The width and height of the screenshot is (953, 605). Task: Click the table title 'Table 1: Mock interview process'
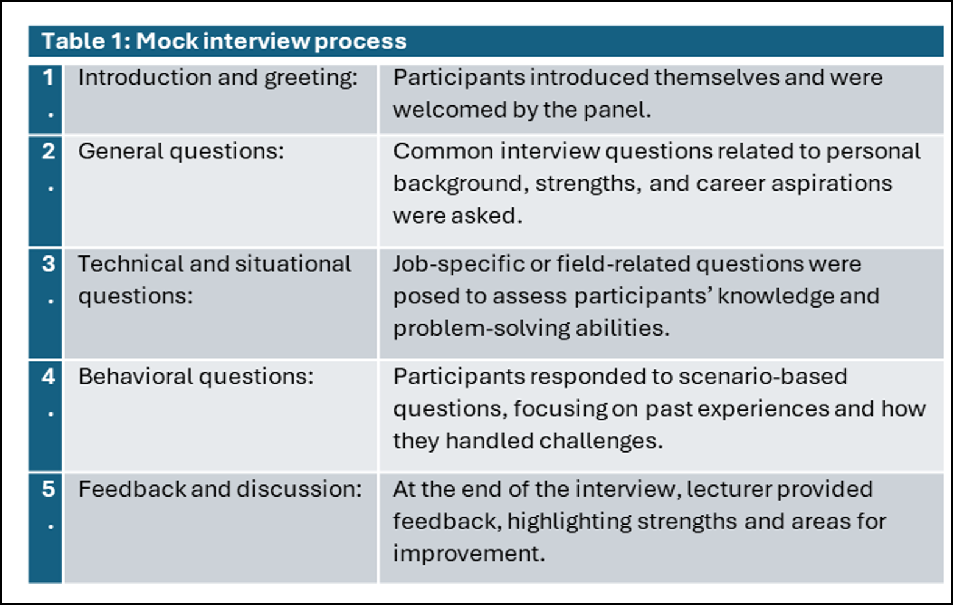click(224, 41)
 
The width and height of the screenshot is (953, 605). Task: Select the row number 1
click(48, 77)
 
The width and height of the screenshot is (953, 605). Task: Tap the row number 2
click(48, 151)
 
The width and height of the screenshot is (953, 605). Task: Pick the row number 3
click(48, 264)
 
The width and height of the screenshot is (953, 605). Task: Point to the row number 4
click(48, 377)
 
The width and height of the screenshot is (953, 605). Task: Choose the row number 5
click(48, 489)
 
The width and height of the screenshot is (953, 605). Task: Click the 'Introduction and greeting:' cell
click(218, 78)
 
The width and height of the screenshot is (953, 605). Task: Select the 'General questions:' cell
click(181, 152)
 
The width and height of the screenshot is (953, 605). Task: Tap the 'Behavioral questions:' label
click(196, 377)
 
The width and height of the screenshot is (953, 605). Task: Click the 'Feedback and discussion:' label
click(220, 489)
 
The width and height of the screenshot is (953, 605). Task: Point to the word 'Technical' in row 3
click(131, 264)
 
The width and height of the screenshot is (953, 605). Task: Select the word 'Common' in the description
click(443, 152)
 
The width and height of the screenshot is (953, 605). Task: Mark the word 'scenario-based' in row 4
click(762, 377)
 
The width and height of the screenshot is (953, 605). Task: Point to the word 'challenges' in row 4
click(598, 441)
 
